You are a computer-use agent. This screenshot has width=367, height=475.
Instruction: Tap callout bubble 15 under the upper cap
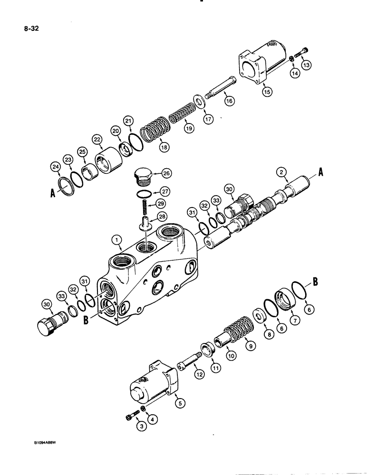[x=268, y=92]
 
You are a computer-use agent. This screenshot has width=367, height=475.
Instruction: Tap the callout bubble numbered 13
[x=306, y=65]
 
